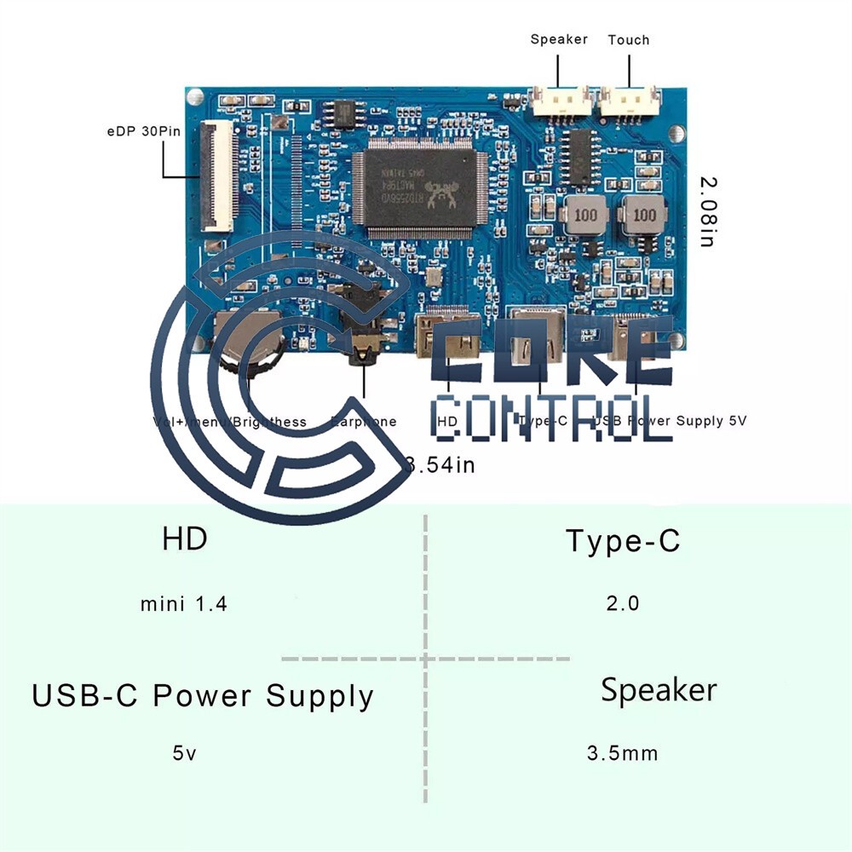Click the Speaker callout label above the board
point(559,39)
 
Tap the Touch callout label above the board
point(629,39)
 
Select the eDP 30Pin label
point(130,131)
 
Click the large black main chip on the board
point(418,188)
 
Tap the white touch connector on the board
point(629,103)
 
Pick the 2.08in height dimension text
point(707,211)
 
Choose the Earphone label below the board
point(364,422)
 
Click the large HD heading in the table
point(185,538)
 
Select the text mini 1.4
point(184,604)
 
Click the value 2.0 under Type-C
point(623,603)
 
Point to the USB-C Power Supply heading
point(203,696)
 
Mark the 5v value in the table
point(185,754)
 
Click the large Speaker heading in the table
point(659,690)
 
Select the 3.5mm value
point(622,754)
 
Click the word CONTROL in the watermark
point(552,419)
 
